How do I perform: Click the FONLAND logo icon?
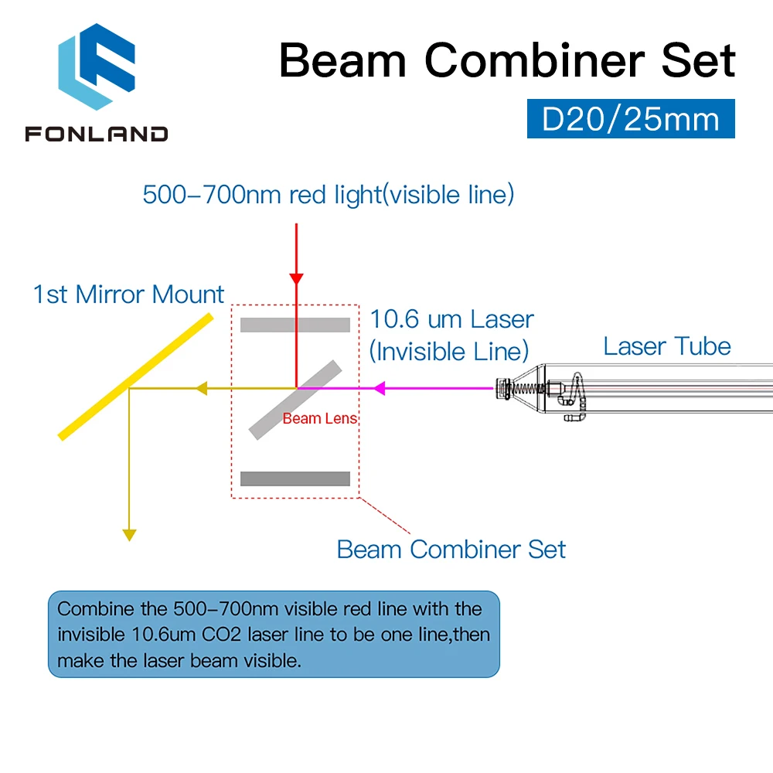coord(97,66)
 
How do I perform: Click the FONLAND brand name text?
coord(97,134)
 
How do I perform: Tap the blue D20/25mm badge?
coord(631,119)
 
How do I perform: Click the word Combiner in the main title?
coord(534,60)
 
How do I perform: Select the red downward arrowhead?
coord(296,278)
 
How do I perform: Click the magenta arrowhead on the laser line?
coord(379,389)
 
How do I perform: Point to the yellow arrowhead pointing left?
coord(202,389)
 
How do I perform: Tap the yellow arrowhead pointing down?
coord(129,536)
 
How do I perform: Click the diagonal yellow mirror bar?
coord(135,376)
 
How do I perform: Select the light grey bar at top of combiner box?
coord(295,325)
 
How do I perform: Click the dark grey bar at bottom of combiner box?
coord(295,478)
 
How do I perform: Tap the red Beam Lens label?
coord(319,418)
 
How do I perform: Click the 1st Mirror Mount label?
coord(128,295)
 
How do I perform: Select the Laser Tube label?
coord(667,346)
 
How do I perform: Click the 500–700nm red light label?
coord(329,194)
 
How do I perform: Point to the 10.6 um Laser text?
coord(451,319)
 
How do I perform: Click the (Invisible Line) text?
coord(449,352)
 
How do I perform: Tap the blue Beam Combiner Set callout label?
coord(451,549)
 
